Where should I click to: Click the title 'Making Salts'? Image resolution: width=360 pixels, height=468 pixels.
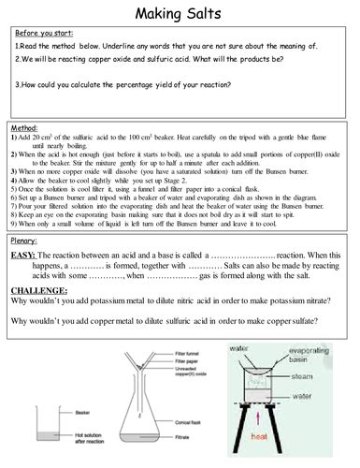click(180, 14)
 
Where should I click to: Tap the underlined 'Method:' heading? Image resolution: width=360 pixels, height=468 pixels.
click(24, 126)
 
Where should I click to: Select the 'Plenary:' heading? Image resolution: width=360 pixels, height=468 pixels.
click(25, 241)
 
